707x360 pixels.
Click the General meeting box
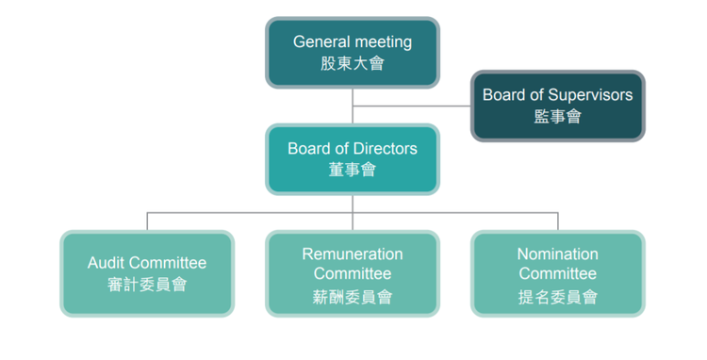353,53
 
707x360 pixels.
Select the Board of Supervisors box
557,106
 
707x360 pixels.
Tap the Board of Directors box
353,158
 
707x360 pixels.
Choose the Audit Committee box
147,272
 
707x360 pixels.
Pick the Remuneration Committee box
353,272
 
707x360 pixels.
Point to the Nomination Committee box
557,272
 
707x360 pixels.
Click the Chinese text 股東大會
353,64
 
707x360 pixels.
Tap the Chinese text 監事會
557,117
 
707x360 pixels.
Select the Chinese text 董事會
353,170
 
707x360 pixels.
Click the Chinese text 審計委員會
147,284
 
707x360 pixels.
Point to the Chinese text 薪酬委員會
353,297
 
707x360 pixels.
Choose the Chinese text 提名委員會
557,297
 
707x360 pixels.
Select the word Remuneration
353,254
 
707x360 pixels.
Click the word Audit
107,263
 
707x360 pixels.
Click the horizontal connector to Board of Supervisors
412,106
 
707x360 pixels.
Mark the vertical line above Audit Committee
147,221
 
